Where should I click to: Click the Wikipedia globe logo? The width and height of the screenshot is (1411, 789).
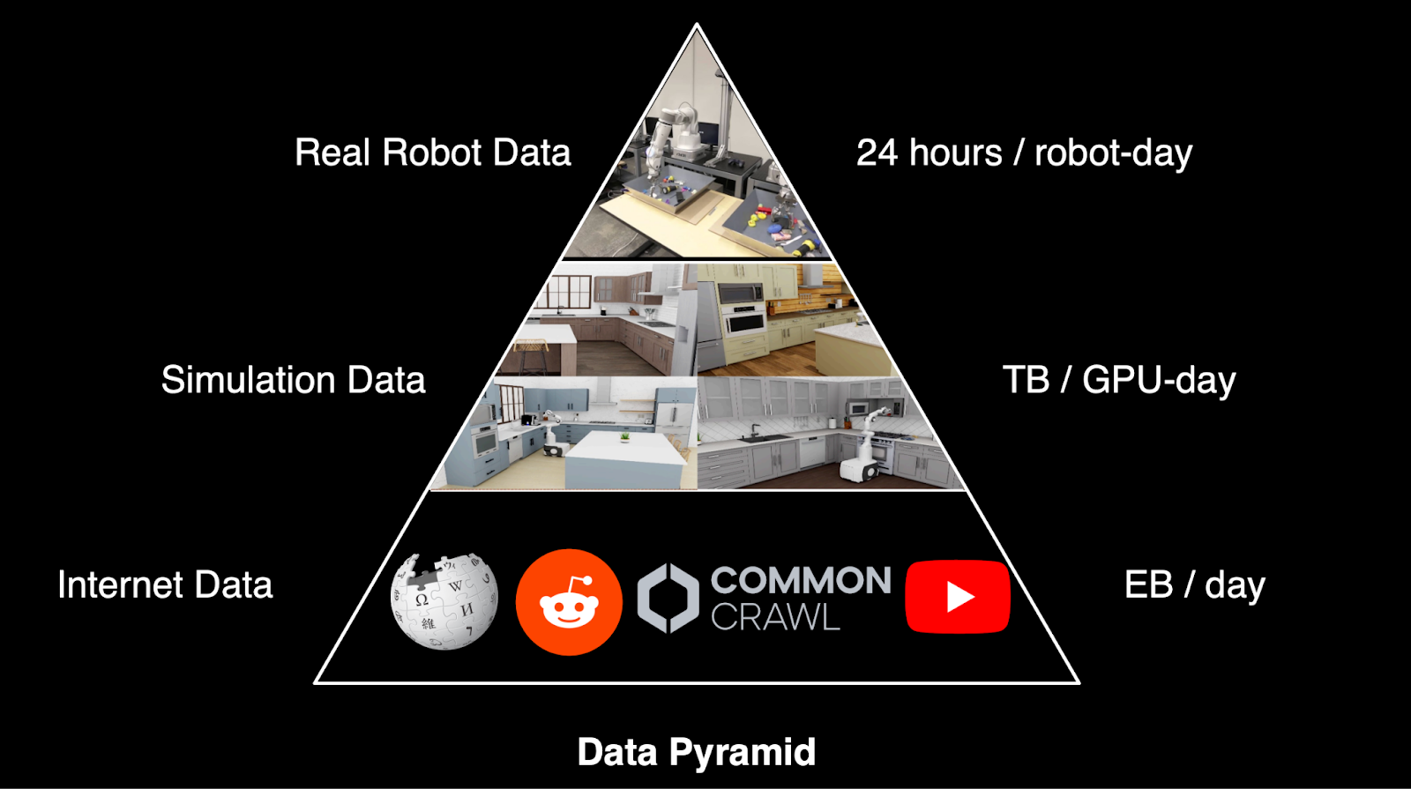444,601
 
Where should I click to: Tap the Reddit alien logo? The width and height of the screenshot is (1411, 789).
569,602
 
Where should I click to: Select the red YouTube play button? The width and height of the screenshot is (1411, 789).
958,597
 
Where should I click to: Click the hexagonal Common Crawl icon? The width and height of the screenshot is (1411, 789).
668,599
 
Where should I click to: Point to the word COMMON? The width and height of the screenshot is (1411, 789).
801,581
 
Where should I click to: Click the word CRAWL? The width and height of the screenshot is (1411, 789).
775,618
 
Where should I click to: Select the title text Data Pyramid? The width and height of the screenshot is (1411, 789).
696,752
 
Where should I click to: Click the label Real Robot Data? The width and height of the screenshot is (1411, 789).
432,153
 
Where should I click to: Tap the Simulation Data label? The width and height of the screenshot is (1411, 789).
293,380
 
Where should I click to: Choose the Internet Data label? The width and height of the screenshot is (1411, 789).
165,584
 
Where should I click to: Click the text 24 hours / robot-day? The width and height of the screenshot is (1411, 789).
1024,153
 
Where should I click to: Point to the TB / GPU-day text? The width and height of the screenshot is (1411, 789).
1118,380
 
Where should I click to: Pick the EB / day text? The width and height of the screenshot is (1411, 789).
1194,584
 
